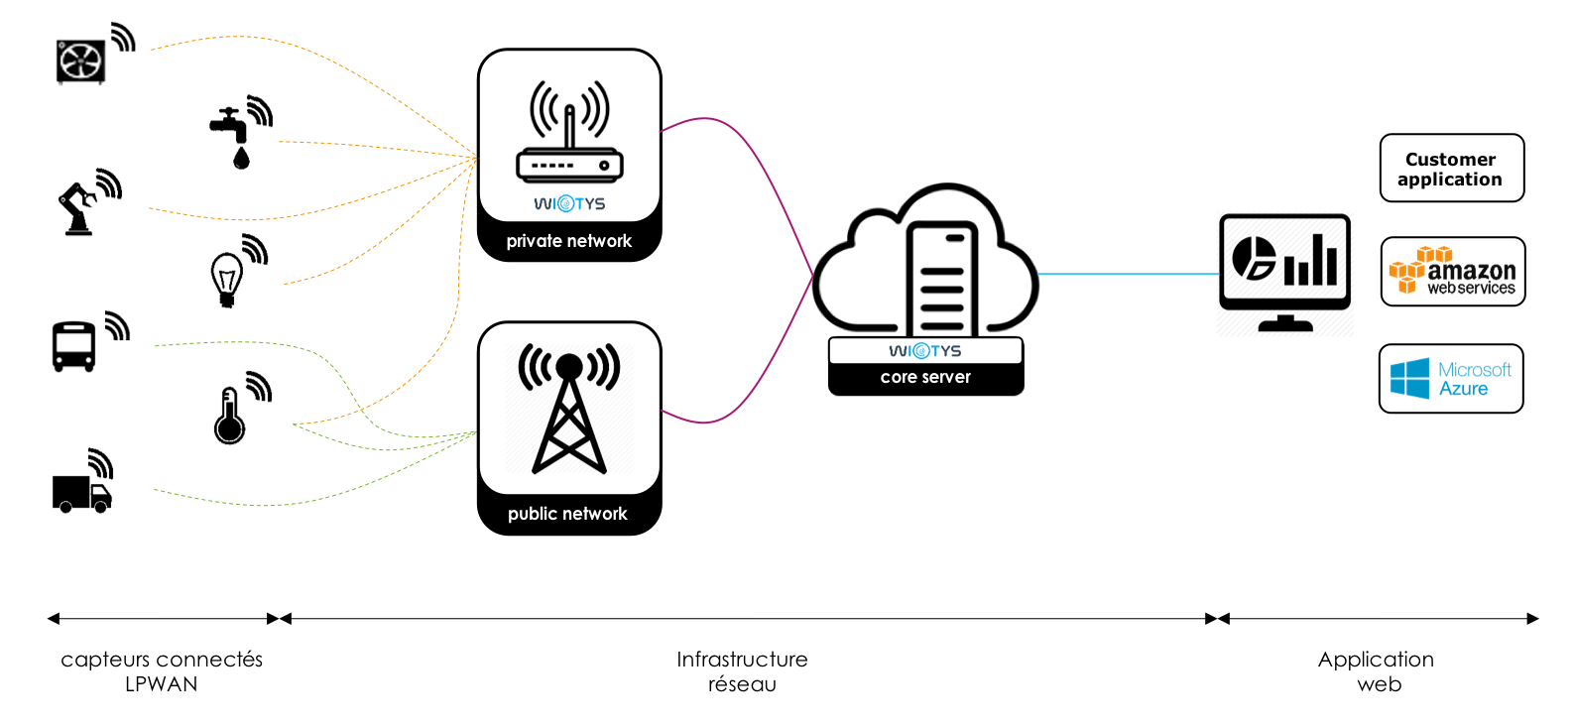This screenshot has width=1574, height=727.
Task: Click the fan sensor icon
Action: [80, 61]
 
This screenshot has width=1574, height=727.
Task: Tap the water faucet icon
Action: [230, 138]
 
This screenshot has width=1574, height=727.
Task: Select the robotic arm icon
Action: [77, 208]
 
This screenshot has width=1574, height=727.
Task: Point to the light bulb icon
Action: [226, 280]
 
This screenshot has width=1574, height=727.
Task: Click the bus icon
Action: [73, 346]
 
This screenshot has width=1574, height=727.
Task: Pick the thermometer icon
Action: [229, 416]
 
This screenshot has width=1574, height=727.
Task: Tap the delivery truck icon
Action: [81, 494]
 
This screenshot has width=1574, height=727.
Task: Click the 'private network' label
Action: [569, 241]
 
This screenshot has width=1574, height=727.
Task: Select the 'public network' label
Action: [567, 514]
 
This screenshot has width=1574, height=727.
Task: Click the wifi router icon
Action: [569, 132]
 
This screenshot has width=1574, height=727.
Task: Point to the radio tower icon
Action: [569, 408]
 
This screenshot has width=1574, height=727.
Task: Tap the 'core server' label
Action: [925, 377]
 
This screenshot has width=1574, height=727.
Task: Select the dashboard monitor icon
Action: [1285, 273]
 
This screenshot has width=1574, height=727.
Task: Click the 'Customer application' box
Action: [1452, 169]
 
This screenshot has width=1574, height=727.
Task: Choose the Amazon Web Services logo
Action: [1452, 271]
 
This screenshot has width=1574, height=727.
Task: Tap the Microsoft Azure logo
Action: [1451, 379]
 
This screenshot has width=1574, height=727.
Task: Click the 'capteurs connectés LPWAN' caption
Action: [162, 671]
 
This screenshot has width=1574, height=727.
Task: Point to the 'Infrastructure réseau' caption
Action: [742, 671]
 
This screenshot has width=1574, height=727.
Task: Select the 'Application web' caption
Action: [1377, 671]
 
